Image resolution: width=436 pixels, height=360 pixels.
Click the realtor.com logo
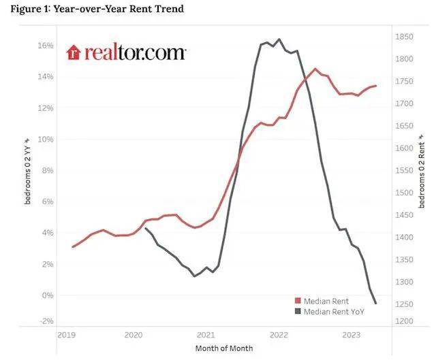[126, 52]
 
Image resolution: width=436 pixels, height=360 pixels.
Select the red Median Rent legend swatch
[297, 300]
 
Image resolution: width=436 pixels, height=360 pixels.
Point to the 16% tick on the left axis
[45, 46]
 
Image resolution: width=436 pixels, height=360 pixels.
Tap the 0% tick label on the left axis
[47, 295]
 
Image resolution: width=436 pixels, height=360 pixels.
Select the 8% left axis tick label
[47, 171]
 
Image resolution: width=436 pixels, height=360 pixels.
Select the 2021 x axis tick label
[206, 335]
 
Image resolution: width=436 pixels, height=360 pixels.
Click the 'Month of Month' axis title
[225, 348]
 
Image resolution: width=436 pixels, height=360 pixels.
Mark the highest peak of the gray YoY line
[279, 39]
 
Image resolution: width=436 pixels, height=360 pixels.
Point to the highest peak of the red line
[315, 69]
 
